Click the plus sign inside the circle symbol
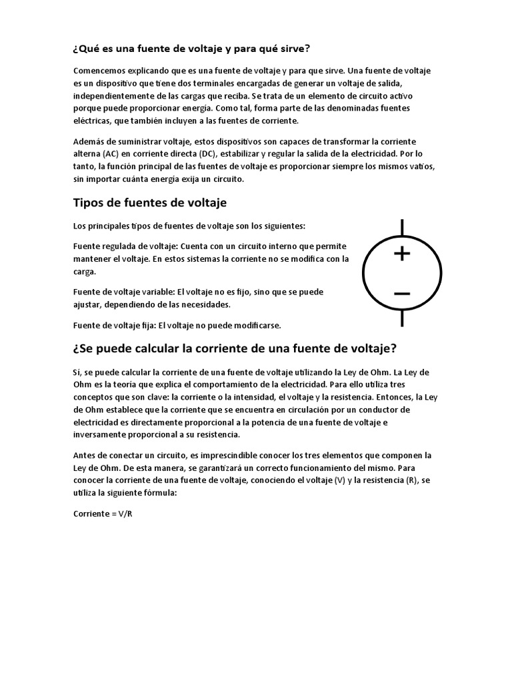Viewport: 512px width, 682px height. click(401, 254)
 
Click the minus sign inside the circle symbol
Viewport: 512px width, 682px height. click(401, 293)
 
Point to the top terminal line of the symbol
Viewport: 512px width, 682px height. click(401, 227)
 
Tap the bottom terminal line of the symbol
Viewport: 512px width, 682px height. click(401, 318)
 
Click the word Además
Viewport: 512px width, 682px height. click(89, 141)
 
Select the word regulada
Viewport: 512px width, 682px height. click(123, 246)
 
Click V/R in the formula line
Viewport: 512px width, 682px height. click(124, 514)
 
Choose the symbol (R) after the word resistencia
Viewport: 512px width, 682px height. click(412, 481)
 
